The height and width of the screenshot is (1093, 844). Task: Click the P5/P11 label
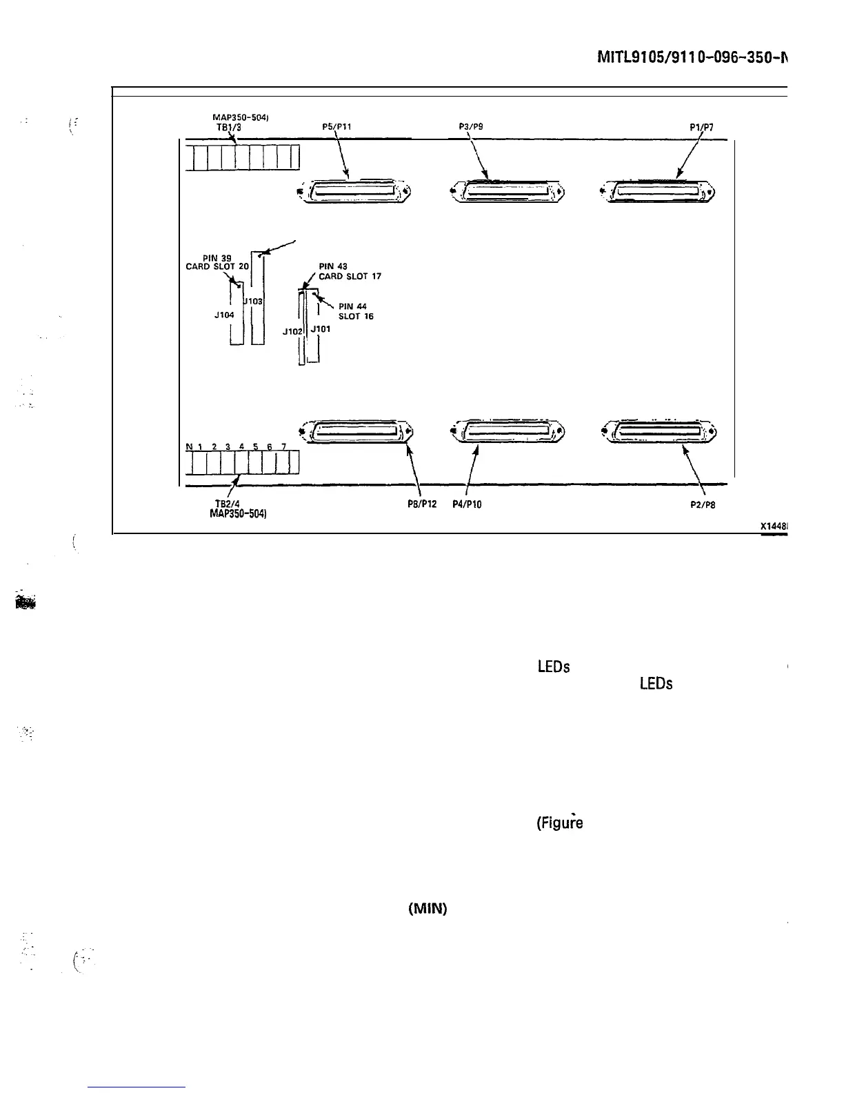(337, 126)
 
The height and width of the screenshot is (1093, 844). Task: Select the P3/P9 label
(470, 126)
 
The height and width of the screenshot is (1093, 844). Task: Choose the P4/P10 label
(467, 504)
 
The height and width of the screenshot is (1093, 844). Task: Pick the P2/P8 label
(703, 504)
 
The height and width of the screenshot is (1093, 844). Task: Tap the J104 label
(224, 315)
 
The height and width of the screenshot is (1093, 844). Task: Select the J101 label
(321, 329)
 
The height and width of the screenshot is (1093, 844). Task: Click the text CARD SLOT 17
(350, 276)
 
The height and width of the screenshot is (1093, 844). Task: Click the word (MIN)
(428, 909)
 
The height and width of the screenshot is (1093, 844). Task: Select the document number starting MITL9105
(692, 58)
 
